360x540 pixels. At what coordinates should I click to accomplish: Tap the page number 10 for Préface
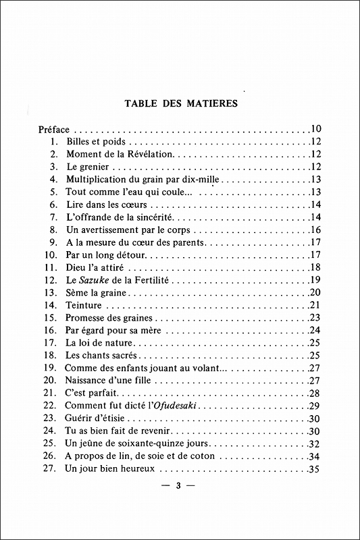(x=315, y=128)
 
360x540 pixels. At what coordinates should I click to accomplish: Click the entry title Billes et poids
(x=96, y=141)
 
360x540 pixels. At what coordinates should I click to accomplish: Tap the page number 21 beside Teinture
(x=315, y=305)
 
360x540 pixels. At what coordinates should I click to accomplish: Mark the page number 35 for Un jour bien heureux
(x=315, y=468)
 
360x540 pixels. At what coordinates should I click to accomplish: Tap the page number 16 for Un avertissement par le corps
(x=315, y=230)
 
